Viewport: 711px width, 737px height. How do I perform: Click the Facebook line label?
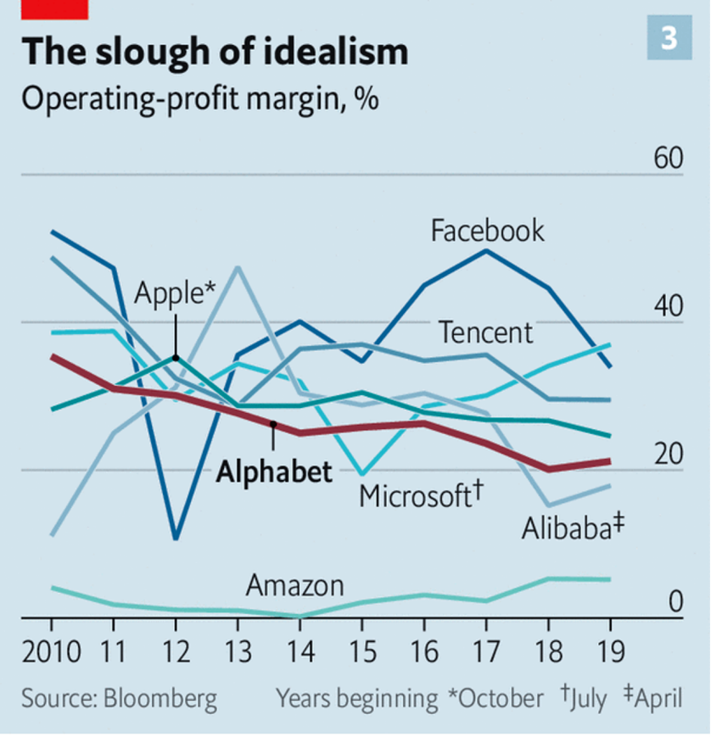tap(487, 231)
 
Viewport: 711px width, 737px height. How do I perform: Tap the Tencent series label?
tap(485, 332)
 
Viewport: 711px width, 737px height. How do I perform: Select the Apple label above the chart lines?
tap(175, 294)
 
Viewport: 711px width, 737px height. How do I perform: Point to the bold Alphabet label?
tap(273, 472)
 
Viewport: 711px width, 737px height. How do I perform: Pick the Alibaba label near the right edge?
tap(573, 528)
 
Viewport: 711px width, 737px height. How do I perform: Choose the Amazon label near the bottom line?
tap(294, 585)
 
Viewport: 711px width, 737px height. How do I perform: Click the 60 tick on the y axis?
tap(668, 159)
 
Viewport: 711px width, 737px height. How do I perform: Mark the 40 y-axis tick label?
tap(668, 307)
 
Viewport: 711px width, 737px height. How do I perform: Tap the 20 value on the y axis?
tap(668, 455)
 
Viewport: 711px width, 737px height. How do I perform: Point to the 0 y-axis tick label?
tap(675, 601)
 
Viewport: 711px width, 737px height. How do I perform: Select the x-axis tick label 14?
tap(299, 652)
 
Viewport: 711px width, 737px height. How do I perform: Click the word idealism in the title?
tap(334, 53)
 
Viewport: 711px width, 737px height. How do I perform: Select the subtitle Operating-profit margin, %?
tap(199, 98)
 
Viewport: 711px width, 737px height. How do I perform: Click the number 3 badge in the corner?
tap(669, 39)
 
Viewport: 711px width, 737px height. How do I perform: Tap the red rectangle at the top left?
tap(54, 8)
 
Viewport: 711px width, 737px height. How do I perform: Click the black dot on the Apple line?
tap(175, 358)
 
